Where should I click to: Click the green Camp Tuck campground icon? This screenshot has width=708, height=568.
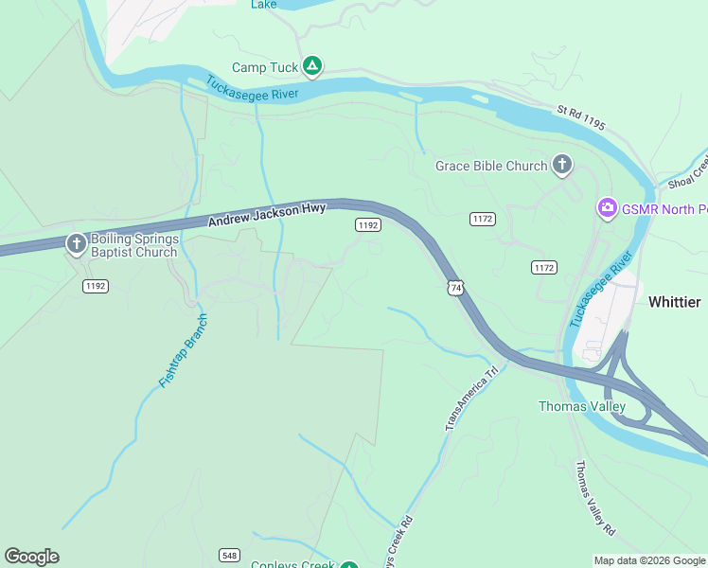tap(313, 66)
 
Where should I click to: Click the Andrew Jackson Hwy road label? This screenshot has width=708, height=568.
tap(267, 215)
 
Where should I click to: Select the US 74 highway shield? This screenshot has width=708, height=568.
tap(456, 287)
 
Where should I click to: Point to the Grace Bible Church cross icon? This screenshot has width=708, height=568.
tap(562, 166)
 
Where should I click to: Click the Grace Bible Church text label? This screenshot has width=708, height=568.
tap(491, 166)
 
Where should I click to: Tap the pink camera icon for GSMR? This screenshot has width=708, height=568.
tap(607, 207)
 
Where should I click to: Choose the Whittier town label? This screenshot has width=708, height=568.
tap(674, 302)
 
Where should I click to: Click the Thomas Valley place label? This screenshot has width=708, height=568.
tap(581, 406)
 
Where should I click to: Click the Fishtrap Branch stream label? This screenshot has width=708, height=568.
tap(183, 350)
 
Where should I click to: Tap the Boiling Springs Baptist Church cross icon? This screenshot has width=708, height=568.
tap(76, 245)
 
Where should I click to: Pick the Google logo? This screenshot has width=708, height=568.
tap(31, 557)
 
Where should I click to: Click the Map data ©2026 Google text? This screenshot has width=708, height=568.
tap(648, 560)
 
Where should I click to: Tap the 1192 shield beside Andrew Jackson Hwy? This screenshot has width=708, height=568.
tap(368, 224)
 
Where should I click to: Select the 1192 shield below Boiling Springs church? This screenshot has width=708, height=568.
tap(95, 285)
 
